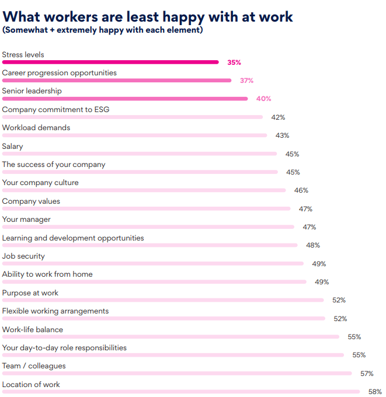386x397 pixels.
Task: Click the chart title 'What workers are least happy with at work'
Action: (x=148, y=16)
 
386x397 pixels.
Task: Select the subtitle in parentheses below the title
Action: (x=103, y=30)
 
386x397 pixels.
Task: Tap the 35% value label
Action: (x=234, y=62)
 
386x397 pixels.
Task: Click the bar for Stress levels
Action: (x=110, y=62)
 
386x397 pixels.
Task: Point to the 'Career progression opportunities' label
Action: (x=60, y=73)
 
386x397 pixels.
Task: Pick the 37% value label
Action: (x=246, y=81)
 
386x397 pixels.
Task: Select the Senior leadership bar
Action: (x=125, y=99)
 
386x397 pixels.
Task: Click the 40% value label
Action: (x=264, y=99)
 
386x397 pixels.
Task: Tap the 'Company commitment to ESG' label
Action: (x=55, y=109)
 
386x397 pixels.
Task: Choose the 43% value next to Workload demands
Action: (x=282, y=135)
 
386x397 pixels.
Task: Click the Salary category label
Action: (x=13, y=146)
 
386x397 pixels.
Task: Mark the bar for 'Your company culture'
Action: (x=144, y=190)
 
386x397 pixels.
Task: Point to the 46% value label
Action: (x=301, y=190)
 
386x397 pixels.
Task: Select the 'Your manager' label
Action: (x=26, y=220)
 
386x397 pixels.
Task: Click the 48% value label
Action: (x=313, y=245)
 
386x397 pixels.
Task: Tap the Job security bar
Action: (x=153, y=263)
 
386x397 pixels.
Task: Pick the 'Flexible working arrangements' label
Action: (x=55, y=311)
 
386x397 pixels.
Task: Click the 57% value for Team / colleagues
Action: (x=367, y=374)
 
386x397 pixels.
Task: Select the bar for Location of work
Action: (x=181, y=391)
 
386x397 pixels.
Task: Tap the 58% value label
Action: (x=375, y=392)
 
